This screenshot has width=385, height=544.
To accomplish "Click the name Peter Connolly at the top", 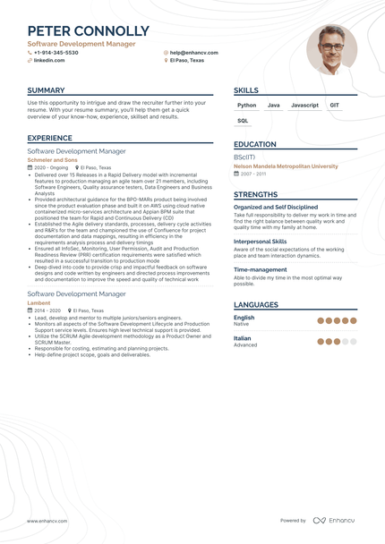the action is coord(88,31).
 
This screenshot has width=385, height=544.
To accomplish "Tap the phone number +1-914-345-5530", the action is coord(56,53).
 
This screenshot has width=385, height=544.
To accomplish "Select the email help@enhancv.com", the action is coord(193,53).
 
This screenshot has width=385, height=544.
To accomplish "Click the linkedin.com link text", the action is coord(49,61).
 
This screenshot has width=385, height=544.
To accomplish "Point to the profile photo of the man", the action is coord(330,48).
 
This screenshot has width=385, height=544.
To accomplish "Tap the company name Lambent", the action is coord(39,302).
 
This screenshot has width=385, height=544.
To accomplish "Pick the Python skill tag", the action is coord(247,106).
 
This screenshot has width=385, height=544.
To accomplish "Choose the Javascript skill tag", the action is coord(304,106).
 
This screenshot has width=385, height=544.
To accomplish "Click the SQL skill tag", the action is coord(244,120).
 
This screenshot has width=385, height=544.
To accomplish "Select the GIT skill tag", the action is coord(334,106).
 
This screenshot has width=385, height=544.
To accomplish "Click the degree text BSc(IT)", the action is coord(244,157).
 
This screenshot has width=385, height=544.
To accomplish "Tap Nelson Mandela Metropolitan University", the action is coord(286,166).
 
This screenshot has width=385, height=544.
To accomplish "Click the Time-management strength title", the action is coord(261,269).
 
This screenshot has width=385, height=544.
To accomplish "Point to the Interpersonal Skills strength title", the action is coord(261,242).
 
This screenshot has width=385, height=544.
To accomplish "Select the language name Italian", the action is coord(244,338).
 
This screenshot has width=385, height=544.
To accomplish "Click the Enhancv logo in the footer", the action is coord(333,520).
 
